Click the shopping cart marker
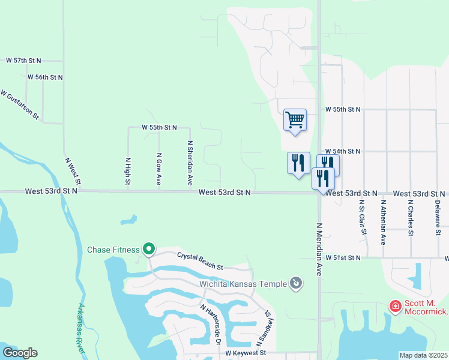click(295, 120)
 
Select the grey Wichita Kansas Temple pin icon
click(295, 283)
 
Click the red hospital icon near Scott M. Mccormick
click(395, 307)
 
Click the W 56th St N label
click(45, 77)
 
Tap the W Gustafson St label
click(20, 104)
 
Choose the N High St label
click(128, 171)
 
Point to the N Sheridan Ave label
click(190, 162)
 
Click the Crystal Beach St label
click(200, 261)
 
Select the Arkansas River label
click(85, 329)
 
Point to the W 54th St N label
click(343, 152)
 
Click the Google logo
click(20, 353)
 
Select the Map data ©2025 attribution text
click(424, 355)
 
